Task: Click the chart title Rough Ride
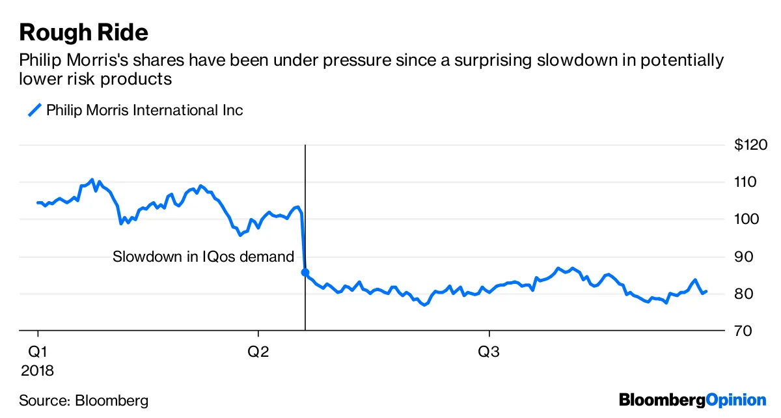pyautogui.click(x=84, y=32)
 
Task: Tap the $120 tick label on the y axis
pyautogui.click(x=750, y=145)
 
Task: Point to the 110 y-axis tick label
pyautogui.click(x=747, y=182)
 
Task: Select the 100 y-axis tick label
pyautogui.click(x=747, y=219)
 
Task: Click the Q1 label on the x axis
pyautogui.click(x=38, y=352)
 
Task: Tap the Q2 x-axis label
pyautogui.click(x=258, y=352)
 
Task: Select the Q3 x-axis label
pyautogui.click(x=489, y=352)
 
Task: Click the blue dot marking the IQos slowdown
pyautogui.click(x=305, y=272)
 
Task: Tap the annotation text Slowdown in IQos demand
pyautogui.click(x=204, y=257)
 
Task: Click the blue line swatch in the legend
pyautogui.click(x=34, y=110)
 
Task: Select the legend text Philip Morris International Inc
pyautogui.click(x=144, y=110)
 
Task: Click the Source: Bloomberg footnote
pyautogui.click(x=83, y=400)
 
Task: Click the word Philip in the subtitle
pyautogui.click(x=40, y=61)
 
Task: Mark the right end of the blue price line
pyautogui.click(x=707, y=292)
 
